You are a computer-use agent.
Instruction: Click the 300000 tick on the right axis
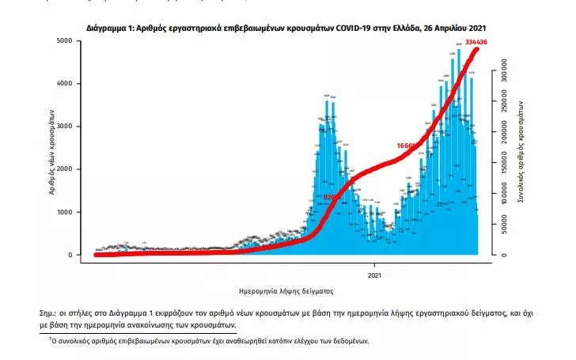click(x=501, y=72)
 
